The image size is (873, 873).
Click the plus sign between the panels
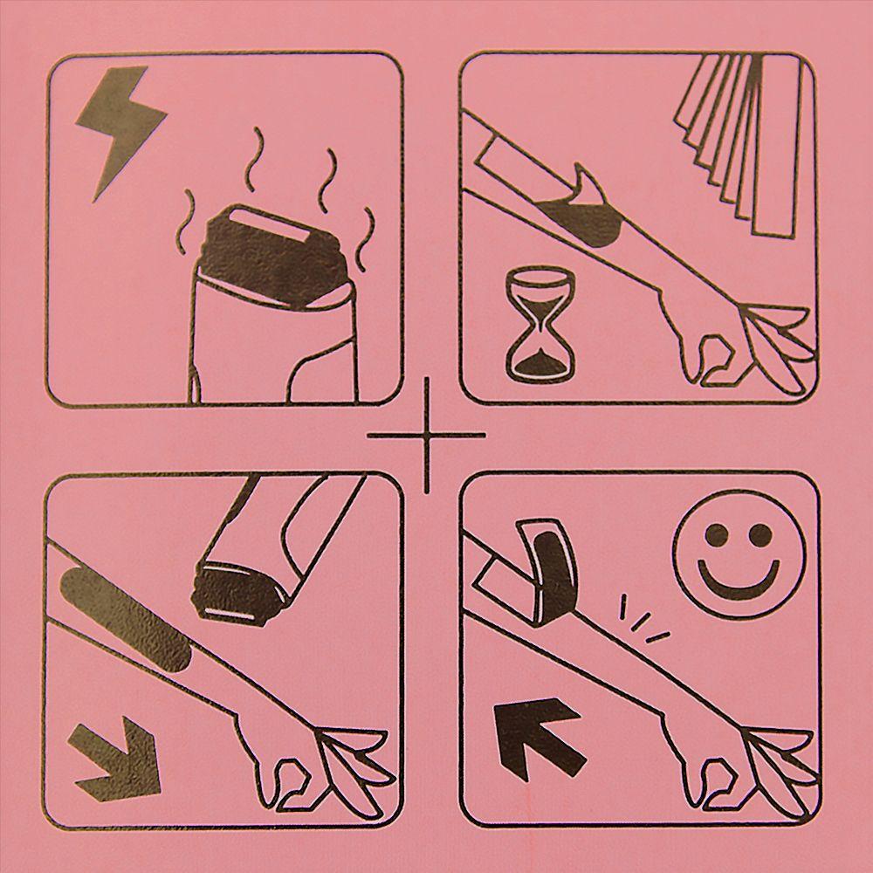[427, 434]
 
